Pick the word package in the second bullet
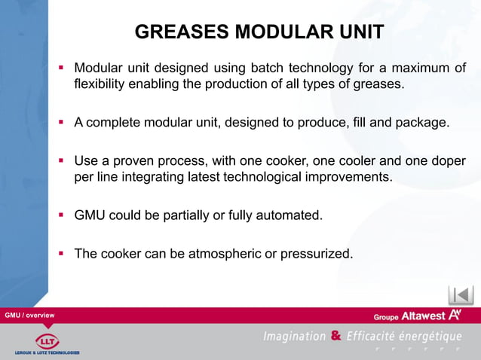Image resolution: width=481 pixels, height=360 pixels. pos(423,123)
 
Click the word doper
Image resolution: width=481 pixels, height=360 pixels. pos(448,161)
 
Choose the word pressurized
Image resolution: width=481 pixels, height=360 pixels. pos(316,254)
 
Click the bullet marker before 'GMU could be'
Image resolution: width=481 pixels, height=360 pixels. pos(63,215)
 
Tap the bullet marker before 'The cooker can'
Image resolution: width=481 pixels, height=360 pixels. pos(63,254)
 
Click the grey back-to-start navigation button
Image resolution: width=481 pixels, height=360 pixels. pos(461,294)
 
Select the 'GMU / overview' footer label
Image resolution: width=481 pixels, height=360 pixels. pos(29,314)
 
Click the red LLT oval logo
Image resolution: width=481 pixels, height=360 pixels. pos(47,339)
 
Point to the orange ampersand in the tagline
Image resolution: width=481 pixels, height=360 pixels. pos(335,336)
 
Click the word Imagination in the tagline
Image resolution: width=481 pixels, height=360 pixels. pos(294,336)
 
